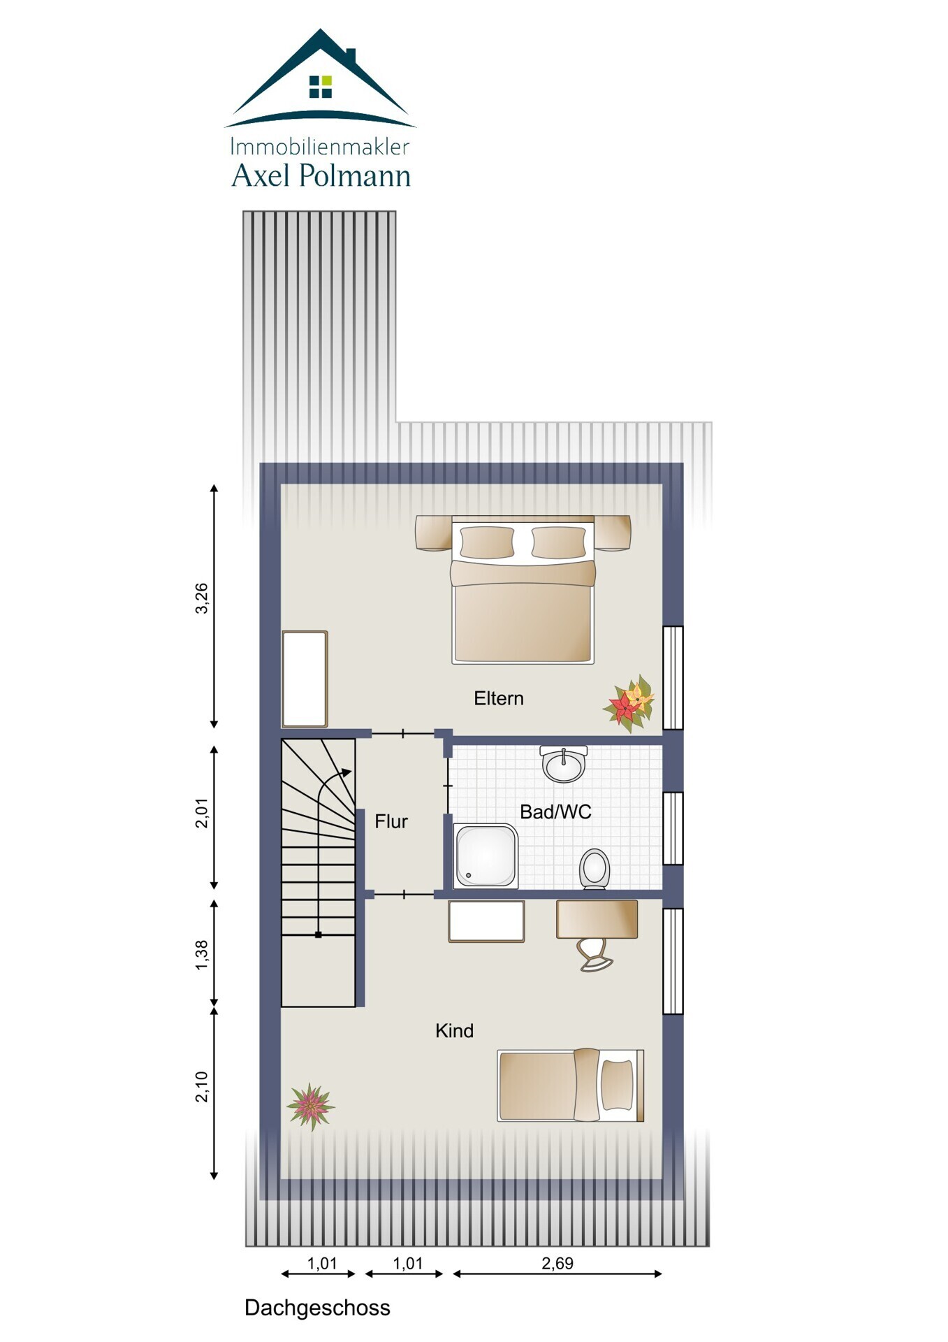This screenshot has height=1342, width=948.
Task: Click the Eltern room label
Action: [498, 698]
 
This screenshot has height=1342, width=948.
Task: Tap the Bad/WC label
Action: [555, 811]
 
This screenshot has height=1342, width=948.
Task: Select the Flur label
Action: [391, 821]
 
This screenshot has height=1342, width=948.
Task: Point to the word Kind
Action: [454, 1030]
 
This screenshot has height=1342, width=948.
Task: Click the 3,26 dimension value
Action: [201, 598]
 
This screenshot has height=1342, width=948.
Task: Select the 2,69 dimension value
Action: [557, 1263]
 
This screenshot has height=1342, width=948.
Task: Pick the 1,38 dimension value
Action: [201, 955]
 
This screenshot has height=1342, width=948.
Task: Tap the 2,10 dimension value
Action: [201, 1087]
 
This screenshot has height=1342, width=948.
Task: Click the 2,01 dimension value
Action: [201, 813]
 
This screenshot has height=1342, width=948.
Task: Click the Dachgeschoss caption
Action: [317, 1308]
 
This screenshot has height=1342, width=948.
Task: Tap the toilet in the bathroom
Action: [595, 869]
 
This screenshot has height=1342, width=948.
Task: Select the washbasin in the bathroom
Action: [564, 764]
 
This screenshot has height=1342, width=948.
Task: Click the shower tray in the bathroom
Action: [486, 856]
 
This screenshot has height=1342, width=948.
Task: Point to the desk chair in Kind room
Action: [595, 955]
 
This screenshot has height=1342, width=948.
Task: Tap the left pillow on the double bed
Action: [487, 542]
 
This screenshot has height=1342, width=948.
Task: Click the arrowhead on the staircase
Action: [346, 772]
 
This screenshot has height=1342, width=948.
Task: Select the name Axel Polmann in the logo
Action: [321, 175]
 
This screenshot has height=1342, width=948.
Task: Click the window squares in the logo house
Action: [321, 87]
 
